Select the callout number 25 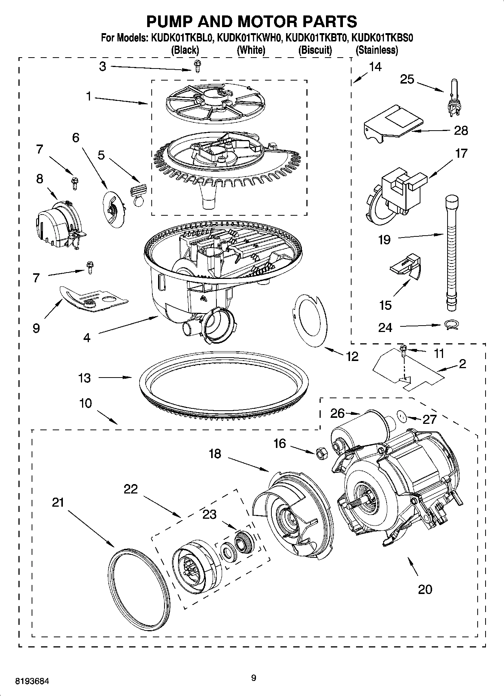(407, 79)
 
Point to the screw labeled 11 (403, 350)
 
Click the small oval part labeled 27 (402, 417)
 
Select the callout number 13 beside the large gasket (85, 378)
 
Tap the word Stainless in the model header (377, 50)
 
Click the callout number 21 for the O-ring (58, 503)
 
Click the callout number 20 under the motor (425, 589)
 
